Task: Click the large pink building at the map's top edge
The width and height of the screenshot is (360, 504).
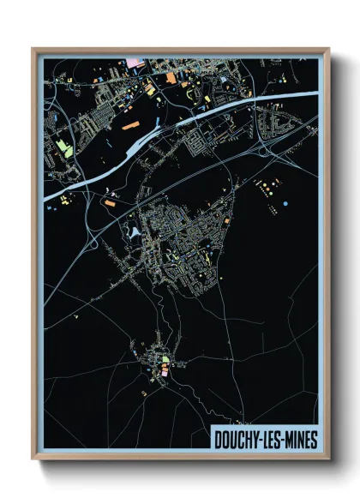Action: [x=137, y=63]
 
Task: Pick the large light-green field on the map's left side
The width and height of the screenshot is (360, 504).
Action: [x=64, y=147]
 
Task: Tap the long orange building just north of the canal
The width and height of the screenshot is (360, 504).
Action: [x=133, y=125]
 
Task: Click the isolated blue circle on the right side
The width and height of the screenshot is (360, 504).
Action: [x=285, y=203]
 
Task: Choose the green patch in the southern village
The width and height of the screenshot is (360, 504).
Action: [x=165, y=359]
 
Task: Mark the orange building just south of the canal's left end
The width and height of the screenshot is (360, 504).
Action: [x=109, y=203]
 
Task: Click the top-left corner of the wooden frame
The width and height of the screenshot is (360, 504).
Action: [x=33, y=49]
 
